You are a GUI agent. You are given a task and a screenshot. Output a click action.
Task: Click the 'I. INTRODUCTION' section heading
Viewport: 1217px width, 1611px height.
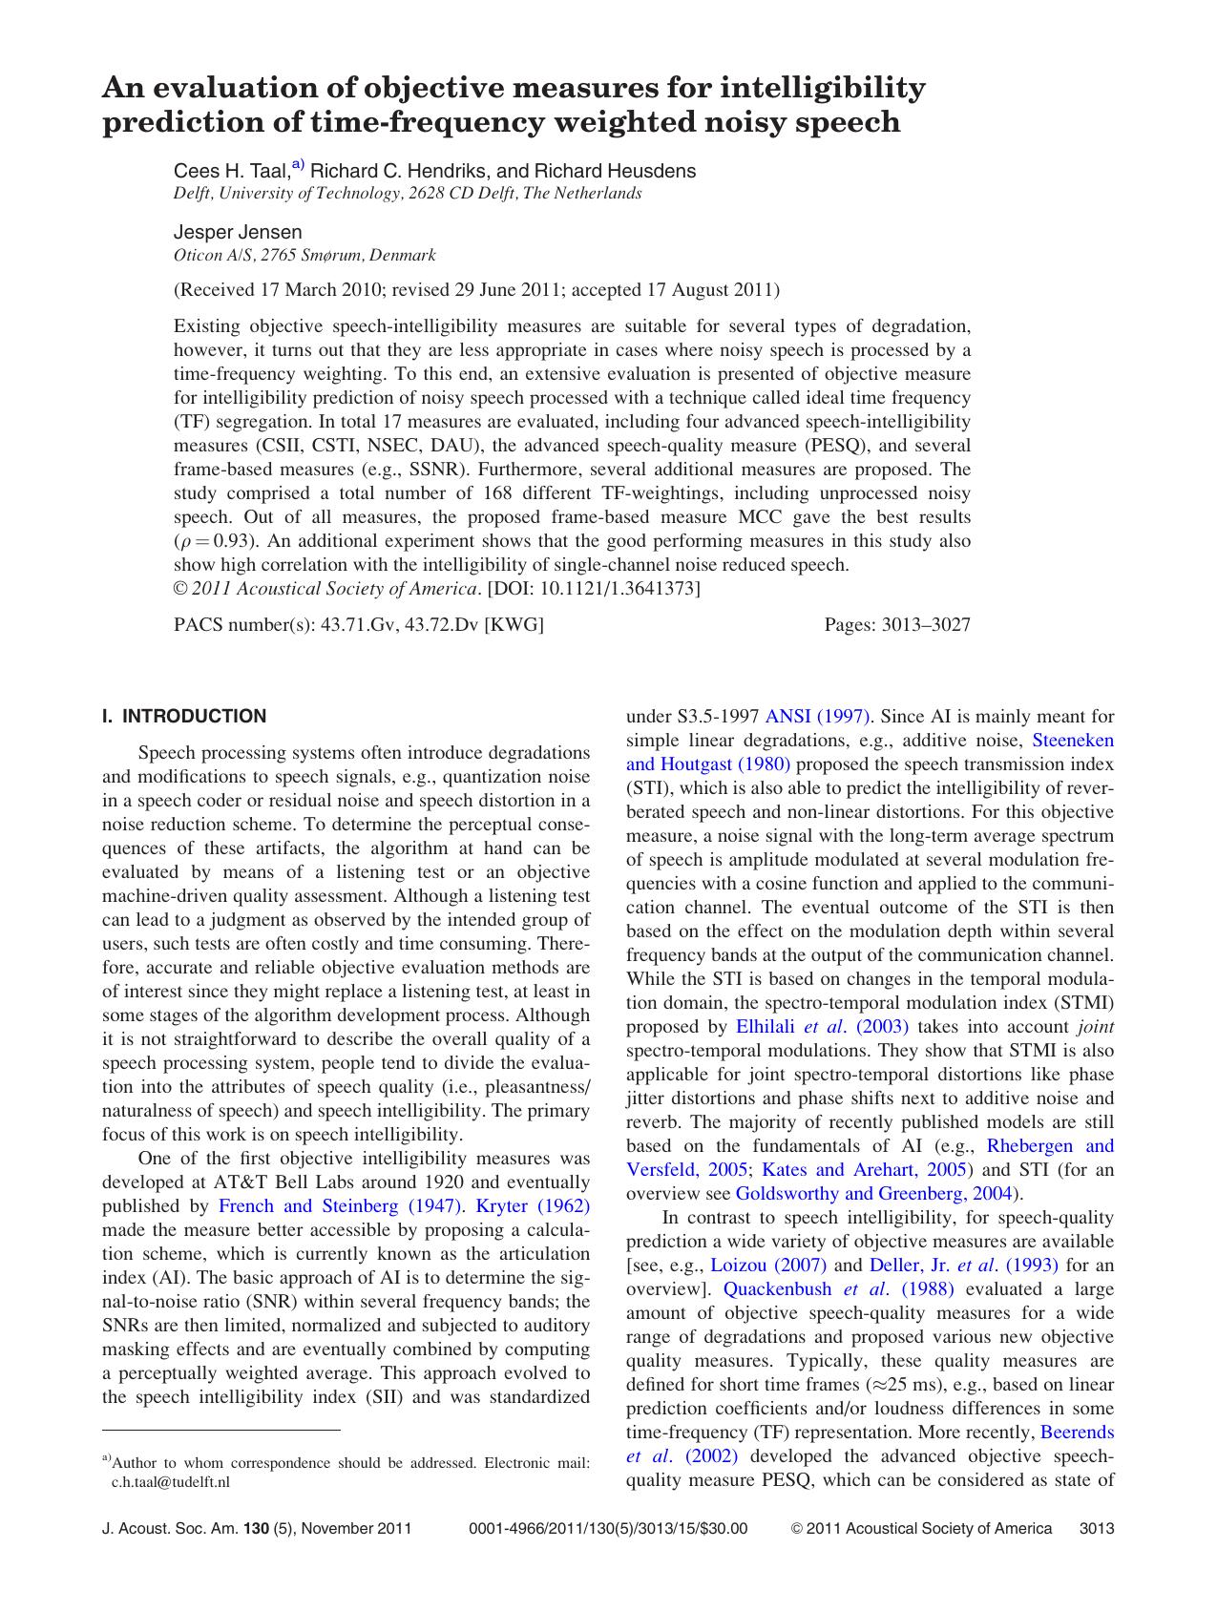(x=184, y=716)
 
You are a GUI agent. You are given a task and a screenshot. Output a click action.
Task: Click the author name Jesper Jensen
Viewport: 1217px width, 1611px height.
(x=238, y=232)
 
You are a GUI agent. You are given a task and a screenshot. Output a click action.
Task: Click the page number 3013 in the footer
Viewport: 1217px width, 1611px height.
(x=1097, y=1528)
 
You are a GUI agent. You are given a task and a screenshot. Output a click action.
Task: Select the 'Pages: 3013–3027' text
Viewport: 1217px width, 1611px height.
(x=897, y=625)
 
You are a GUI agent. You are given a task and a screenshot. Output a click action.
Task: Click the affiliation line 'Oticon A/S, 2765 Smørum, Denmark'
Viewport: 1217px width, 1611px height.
(x=304, y=255)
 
